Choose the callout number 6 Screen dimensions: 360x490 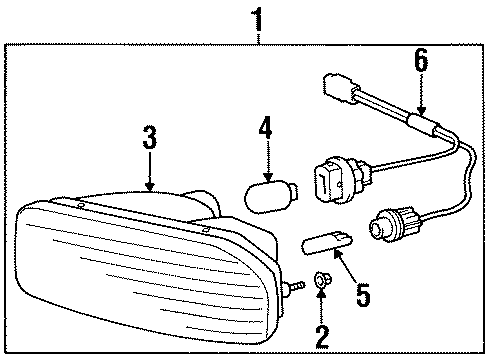point(420,62)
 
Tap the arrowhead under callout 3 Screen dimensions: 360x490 point(149,185)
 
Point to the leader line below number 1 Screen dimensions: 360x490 point(259,37)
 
